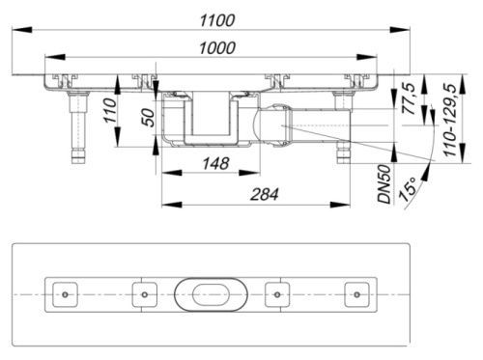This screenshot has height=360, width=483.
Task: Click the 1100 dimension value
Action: click(217, 20)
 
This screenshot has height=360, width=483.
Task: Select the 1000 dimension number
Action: click(217, 48)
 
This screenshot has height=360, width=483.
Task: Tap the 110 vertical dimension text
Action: click(110, 111)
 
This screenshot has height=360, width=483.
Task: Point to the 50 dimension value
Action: click(149, 118)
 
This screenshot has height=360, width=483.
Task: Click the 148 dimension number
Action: click(215, 163)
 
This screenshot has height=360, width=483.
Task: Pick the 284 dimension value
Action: click(264, 195)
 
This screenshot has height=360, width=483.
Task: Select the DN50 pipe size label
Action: click(384, 184)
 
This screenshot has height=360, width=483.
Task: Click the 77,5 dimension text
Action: click(410, 98)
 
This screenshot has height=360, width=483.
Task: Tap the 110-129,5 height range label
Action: click(450, 120)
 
